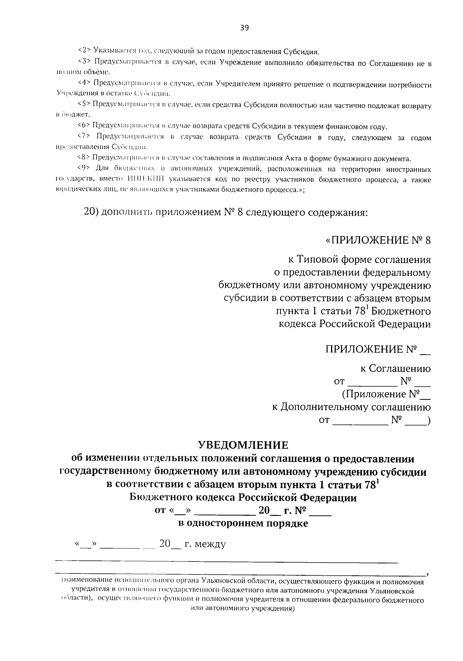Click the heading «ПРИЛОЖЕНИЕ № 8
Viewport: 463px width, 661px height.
[378, 241]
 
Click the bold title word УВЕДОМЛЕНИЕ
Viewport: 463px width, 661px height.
[243, 445]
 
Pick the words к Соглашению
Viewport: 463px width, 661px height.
[395, 369]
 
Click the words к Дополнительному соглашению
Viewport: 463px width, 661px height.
[351, 407]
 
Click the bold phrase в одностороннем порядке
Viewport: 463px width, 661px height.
[243, 524]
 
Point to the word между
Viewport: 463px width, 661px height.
[211, 544]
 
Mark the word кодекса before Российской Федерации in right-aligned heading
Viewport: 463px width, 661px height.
[297, 324]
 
